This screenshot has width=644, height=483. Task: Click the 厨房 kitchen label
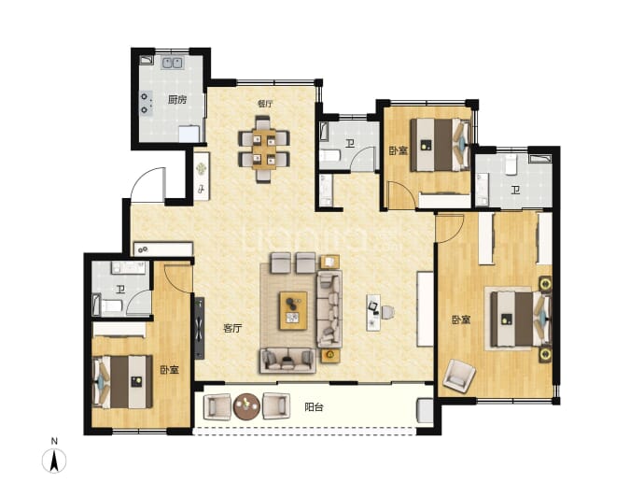coord(177,100)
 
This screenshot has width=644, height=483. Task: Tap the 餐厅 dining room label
coord(265,104)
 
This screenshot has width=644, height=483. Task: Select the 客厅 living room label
coord(232,328)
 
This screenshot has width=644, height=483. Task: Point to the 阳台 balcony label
coord(314,407)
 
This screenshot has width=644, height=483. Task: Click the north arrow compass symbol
coord(54,460)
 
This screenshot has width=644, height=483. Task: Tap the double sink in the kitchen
coord(173,63)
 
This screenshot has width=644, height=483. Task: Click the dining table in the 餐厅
coord(264,149)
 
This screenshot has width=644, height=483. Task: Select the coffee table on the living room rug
coord(293,311)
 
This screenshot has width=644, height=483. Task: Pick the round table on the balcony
coord(246,406)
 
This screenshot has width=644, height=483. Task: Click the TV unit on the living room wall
coord(199,328)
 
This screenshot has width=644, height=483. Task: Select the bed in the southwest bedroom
coord(123,382)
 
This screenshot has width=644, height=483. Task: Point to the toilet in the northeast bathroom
coord(511,164)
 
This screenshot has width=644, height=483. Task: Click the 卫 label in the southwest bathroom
coord(120,291)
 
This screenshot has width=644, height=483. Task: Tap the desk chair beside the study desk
coord(387,312)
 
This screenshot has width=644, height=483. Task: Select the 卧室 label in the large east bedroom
coord(461,320)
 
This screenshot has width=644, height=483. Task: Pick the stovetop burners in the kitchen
coord(146,103)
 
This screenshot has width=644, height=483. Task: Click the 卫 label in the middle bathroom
coord(350,144)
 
